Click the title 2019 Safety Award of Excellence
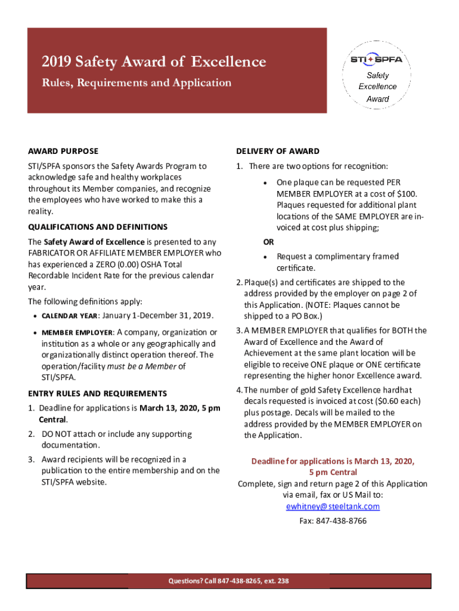click(154, 61)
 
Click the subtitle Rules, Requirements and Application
click(136, 83)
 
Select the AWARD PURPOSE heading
click(63, 152)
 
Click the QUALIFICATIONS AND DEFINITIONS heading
click(98, 227)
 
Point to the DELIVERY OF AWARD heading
click(277, 152)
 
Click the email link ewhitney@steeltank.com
click(333, 507)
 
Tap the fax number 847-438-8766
click(342, 521)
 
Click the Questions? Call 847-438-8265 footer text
click(229, 581)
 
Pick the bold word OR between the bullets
click(269, 242)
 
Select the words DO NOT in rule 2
click(55, 434)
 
